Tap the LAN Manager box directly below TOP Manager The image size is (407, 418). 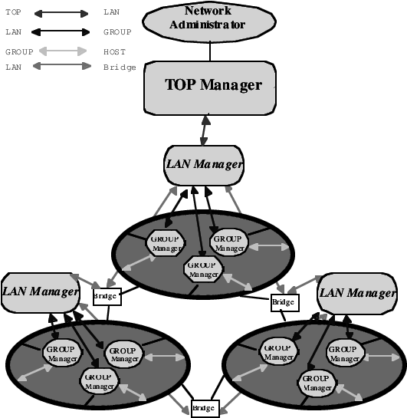[205, 165]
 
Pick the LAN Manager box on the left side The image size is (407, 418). [40, 292]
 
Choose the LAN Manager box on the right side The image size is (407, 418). [356, 293]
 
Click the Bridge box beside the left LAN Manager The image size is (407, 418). [106, 295]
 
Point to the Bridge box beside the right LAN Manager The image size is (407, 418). [284, 303]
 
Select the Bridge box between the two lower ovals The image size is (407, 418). [204, 407]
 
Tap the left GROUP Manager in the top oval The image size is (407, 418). [165, 242]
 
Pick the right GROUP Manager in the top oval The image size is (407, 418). [228, 242]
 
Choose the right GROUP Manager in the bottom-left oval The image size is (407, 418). [123, 354]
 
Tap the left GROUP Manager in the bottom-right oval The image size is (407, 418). [279, 352]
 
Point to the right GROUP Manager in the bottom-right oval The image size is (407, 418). [344, 353]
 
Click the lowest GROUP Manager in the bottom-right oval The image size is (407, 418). [317, 381]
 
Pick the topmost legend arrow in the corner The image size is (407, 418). [61, 14]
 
